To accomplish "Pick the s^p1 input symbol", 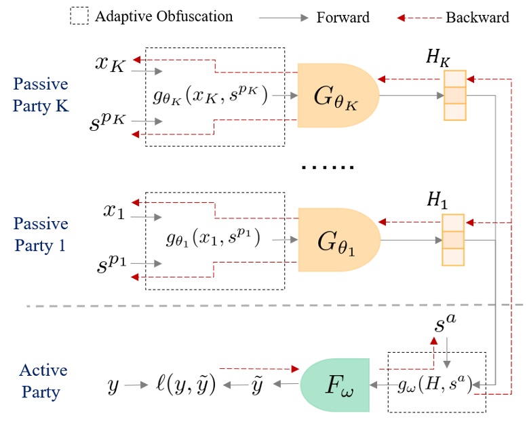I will point(111,268).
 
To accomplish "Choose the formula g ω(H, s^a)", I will point(435,385).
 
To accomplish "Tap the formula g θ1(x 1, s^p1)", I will point(214,239).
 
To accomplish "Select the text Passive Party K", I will point(40,95).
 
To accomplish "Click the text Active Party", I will point(40,381).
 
